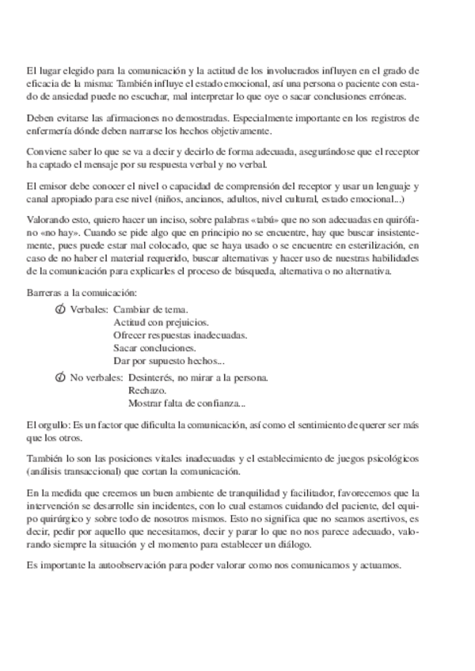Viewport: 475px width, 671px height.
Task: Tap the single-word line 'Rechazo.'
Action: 146,391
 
